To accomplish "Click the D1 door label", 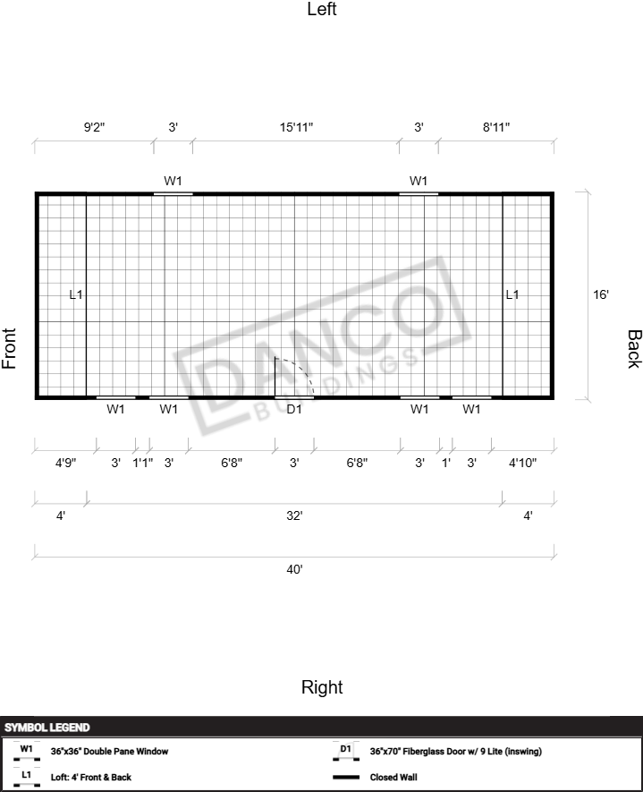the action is [x=293, y=409].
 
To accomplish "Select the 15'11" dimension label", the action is [x=297, y=127].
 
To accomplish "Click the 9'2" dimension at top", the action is [x=95, y=127].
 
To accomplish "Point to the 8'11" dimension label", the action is [x=496, y=127].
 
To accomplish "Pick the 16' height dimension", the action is [x=601, y=294].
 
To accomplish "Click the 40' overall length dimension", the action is [x=294, y=569].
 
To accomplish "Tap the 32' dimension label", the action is [x=294, y=515].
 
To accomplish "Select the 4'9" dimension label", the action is [x=65, y=463].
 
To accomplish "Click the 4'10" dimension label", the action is [x=522, y=463].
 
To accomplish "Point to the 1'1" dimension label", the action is [x=143, y=463].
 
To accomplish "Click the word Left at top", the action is [x=322, y=9].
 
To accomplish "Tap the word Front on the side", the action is [x=9, y=348].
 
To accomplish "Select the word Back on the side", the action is [x=634, y=349].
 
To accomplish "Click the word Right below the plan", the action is [x=322, y=687].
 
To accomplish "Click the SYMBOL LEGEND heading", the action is [x=47, y=728].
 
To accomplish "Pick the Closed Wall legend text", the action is [x=393, y=778].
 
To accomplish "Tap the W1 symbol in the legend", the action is [x=26, y=751].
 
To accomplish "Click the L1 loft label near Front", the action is [x=76, y=294].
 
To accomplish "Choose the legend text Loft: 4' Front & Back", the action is [x=91, y=778].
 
